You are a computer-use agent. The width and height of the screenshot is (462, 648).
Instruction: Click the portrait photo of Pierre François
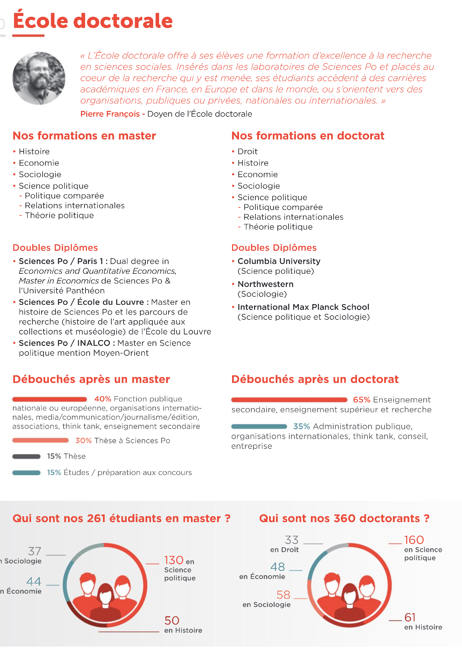tap(39, 78)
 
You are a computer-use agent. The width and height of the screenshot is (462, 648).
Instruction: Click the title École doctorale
tap(93, 21)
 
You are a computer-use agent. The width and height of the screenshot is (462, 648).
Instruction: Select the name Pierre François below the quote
tap(110, 114)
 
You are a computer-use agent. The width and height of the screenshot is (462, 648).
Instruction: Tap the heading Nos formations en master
tap(84, 136)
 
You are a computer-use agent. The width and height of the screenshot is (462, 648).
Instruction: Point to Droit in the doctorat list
tap(247, 151)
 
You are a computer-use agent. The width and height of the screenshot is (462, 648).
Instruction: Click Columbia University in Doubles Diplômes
tap(279, 261)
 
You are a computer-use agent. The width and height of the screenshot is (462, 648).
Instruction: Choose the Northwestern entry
tap(266, 284)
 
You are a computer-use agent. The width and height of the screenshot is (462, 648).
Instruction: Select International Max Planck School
tap(303, 307)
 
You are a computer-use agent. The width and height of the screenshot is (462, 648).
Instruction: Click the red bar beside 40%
tap(50, 399)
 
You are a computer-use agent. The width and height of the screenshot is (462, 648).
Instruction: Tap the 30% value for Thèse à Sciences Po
tap(83, 441)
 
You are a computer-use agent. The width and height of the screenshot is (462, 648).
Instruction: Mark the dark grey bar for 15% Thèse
tap(26, 457)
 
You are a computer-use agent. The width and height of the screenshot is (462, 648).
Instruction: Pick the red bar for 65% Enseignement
tap(289, 400)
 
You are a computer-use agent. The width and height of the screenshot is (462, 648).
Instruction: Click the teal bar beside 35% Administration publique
tap(259, 427)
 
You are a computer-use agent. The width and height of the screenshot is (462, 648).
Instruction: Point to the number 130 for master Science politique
tap(174, 560)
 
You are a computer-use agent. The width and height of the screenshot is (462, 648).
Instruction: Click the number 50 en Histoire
tap(172, 621)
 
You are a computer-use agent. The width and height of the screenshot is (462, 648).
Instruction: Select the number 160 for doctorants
tap(414, 540)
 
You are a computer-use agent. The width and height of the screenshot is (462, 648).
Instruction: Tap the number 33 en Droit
tap(292, 540)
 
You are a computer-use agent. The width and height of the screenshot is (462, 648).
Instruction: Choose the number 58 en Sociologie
tap(283, 595)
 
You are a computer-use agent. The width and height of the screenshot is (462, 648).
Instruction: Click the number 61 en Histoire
tap(410, 618)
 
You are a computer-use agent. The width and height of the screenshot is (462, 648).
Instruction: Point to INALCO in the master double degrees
tap(94, 343)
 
